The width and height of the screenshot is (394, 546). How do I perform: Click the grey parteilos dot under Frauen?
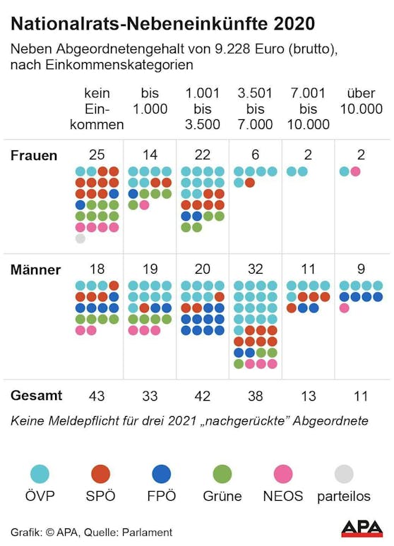[x=80, y=238]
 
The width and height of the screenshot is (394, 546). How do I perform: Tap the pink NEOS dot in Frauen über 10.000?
[x=355, y=171]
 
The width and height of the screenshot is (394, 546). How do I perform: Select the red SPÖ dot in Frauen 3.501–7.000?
[x=250, y=183]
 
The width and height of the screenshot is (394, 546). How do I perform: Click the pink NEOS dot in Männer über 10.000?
[x=344, y=308]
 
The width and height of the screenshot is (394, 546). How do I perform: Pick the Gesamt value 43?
[x=97, y=396]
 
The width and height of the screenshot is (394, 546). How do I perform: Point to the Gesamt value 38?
[x=255, y=396]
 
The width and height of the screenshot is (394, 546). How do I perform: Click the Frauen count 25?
[x=97, y=154]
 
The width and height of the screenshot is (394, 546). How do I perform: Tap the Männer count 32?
[x=255, y=269]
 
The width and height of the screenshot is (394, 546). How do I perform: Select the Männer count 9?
[x=361, y=269]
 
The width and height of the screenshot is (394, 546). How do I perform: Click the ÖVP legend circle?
[x=40, y=473]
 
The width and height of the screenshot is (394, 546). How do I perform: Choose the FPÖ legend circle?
[x=162, y=473]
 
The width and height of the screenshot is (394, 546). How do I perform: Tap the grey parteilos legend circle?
[x=344, y=473]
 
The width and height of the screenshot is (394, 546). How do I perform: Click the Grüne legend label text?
[x=222, y=496]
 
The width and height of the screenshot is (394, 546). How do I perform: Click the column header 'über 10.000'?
[x=362, y=101]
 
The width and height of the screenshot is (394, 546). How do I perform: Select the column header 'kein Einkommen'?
[x=97, y=109]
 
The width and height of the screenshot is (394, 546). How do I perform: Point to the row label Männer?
[x=35, y=270]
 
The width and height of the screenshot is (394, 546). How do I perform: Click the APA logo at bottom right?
[x=362, y=529]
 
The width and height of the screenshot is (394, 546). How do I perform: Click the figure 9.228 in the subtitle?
[x=232, y=49]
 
